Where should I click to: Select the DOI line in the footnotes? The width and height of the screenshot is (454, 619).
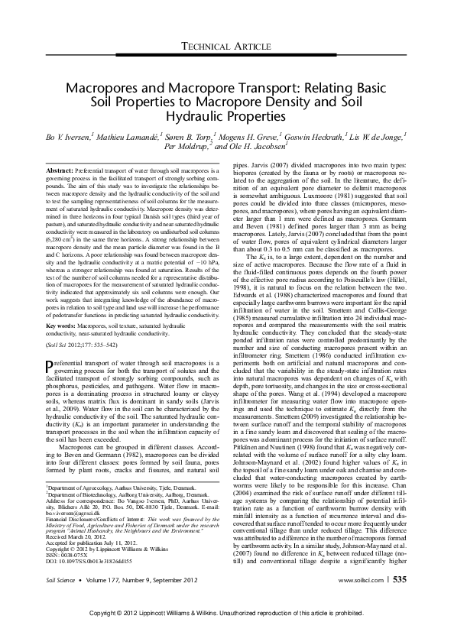tap(84, 561)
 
